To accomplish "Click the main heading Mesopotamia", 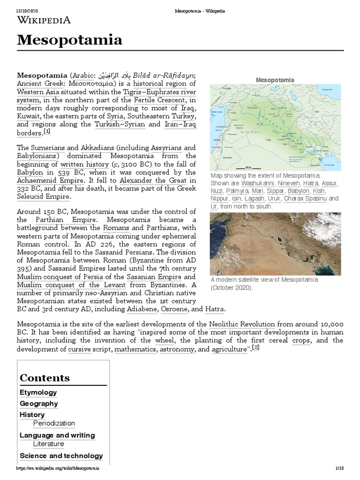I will (x=69, y=40).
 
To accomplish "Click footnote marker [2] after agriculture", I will (x=256, y=348).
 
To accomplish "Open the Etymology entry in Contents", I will (x=38, y=392).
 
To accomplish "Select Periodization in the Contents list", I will (x=54, y=423).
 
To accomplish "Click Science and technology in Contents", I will (x=61, y=456).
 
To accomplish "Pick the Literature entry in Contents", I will (x=49, y=444).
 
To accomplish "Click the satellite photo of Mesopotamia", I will (x=276, y=243).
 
